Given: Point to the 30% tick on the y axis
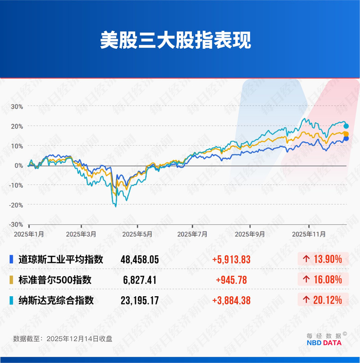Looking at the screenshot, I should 17,106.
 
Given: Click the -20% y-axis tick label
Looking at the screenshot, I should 16,205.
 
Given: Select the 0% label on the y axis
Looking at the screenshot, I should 19,165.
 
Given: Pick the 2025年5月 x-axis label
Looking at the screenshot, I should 137,234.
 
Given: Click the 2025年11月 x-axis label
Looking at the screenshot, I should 308,234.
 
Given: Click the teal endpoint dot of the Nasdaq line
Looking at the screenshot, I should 346,126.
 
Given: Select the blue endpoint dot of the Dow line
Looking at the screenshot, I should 346,138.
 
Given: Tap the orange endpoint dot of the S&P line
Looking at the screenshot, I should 346,133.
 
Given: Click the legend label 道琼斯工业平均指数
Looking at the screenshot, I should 60,260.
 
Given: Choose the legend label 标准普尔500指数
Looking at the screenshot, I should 55,280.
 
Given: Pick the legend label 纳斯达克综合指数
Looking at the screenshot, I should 56,300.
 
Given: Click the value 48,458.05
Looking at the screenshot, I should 139,260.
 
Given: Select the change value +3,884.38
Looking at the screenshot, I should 231,300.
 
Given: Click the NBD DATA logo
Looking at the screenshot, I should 327,342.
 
